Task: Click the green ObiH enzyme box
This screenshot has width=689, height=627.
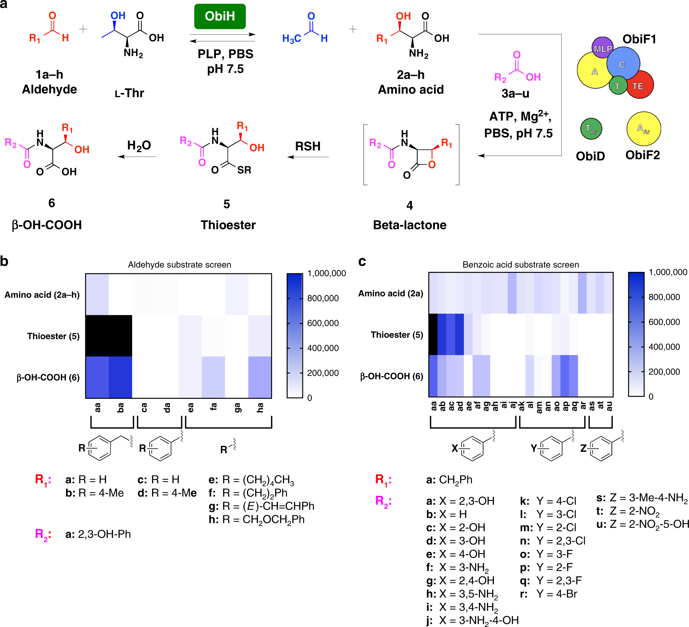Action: coord(220,16)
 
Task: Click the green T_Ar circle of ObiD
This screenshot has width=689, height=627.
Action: coord(591,129)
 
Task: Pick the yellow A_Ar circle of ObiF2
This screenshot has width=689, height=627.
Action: coord(644,128)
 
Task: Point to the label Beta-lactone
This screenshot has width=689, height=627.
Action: coord(410,225)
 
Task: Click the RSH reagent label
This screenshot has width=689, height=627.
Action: coord(308,146)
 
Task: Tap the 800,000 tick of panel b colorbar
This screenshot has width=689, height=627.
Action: coord(323,298)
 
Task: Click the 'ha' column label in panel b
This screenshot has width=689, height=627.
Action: coord(260,408)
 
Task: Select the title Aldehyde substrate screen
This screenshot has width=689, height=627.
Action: coord(179,265)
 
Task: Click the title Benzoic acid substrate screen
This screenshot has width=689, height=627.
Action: coord(521,265)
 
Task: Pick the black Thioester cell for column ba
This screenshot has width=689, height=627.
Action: coord(120,336)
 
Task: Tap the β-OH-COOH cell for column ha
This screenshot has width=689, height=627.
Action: coord(260,377)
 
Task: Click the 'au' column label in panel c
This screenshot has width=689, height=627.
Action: coord(609,406)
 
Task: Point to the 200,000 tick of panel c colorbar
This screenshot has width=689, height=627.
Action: coord(664,372)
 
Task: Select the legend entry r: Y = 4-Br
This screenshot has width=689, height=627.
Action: coord(548,594)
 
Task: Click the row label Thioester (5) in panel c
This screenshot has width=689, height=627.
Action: coord(397,335)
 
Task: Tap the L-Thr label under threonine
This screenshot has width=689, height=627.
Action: coord(129,93)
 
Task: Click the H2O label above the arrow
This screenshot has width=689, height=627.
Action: coord(139,146)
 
